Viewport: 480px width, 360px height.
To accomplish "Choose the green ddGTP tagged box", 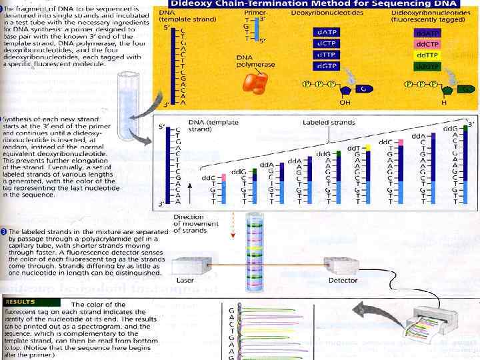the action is [427, 66].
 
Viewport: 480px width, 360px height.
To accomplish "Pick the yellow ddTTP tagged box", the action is [427, 55].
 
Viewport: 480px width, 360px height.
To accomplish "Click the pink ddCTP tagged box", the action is [427, 44].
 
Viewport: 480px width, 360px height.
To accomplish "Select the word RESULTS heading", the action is [22, 301].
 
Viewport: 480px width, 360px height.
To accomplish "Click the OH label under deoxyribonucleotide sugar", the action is [344, 103].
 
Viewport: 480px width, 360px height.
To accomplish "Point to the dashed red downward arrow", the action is [233, 227].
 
